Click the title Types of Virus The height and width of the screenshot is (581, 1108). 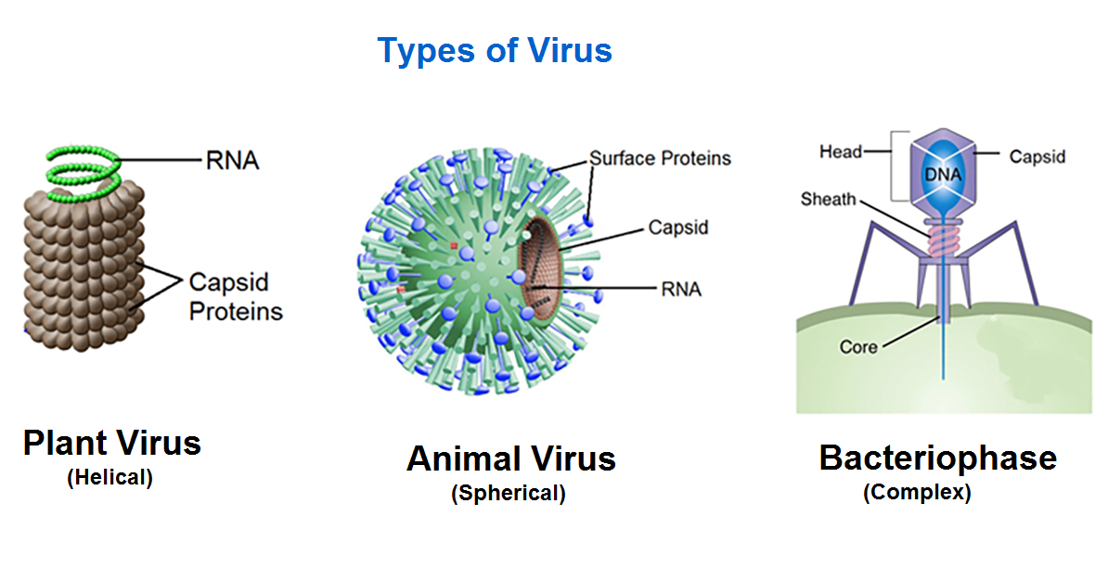click(494, 50)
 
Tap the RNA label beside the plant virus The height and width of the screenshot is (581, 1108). click(232, 160)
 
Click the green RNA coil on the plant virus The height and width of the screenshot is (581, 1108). click(83, 172)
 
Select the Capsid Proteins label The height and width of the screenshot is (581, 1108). click(236, 295)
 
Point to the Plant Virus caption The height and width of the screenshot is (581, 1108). click(111, 443)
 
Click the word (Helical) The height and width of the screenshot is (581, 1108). click(110, 479)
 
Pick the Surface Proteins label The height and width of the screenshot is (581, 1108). click(660, 158)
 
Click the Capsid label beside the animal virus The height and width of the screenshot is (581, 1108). click(677, 226)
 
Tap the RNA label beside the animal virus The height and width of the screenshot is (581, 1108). click(681, 289)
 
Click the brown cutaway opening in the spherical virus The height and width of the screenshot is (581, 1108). click(540, 269)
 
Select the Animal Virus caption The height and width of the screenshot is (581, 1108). click(510, 458)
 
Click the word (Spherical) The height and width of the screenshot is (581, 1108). click(509, 494)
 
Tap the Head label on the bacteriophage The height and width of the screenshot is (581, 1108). click(841, 151)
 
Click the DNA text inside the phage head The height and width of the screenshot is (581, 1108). click(942, 174)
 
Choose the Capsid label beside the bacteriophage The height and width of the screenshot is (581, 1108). click(1037, 156)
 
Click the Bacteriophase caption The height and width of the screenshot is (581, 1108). click(937, 458)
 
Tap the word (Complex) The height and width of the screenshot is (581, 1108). click(917, 493)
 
